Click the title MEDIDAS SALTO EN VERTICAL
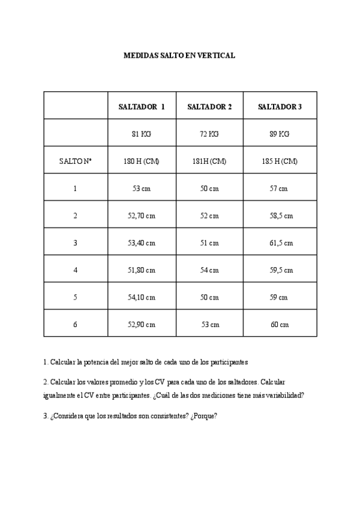coord(179,55)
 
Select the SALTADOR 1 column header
coord(142,107)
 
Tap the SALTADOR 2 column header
coord(209,107)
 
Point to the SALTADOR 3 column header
coord(280,107)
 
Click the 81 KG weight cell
coord(142,134)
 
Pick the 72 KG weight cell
coord(209,134)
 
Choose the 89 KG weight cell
coord(280,134)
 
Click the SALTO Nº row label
coord(75,161)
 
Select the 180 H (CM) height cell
coord(142,161)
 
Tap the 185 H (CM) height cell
coord(280,161)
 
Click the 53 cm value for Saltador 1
coord(142,188)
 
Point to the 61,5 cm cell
coord(280,243)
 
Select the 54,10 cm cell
coord(143,297)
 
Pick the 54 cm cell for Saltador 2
coord(209,270)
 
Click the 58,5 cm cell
coord(280,215)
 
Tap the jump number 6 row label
coord(75,325)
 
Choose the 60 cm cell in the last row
coord(280,325)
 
